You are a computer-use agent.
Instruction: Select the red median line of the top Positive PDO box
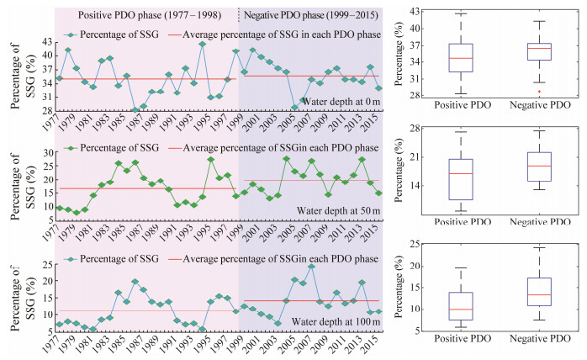(x=460, y=58)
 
